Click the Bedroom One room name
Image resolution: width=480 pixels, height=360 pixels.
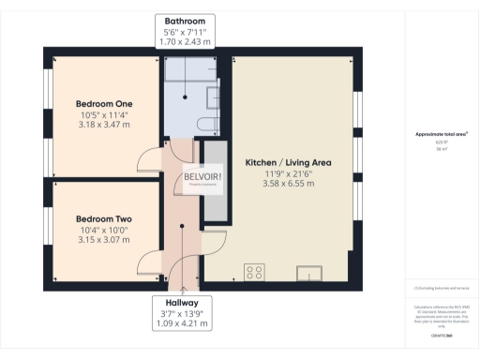(103, 104)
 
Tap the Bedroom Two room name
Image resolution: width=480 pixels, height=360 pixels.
(103, 218)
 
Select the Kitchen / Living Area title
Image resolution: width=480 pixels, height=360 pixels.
(288, 162)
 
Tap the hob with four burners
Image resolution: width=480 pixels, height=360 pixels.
(254, 272)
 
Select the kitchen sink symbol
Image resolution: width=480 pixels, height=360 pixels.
(308, 273)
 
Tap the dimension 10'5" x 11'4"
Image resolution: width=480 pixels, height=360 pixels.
(103, 116)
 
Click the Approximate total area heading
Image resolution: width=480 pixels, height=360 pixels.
(441, 134)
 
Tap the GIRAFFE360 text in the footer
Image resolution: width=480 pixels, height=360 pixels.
(442, 335)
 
